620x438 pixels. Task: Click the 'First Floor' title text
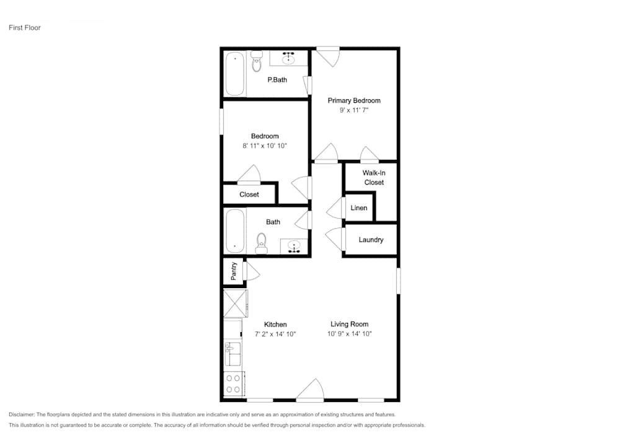(24, 28)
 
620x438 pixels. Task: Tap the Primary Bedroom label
(354, 100)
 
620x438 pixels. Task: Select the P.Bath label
(277, 80)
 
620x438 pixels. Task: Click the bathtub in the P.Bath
(234, 74)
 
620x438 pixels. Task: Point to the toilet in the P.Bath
(257, 62)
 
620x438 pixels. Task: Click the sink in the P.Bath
(288, 59)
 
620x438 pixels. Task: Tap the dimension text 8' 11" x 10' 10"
(265, 146)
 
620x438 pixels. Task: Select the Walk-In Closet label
(373, 178)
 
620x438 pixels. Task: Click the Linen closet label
(359, 208)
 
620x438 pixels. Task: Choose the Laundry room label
(371, 240)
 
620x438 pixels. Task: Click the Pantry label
(234, 271)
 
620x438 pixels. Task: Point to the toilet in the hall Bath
(262, 243)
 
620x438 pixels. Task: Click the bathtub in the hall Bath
(234, 230)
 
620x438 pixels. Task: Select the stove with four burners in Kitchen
(234, 384)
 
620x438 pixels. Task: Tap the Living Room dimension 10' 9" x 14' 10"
(349, 334)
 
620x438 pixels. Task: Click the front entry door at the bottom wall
(310, 392)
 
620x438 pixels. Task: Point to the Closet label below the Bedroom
(249, 195)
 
